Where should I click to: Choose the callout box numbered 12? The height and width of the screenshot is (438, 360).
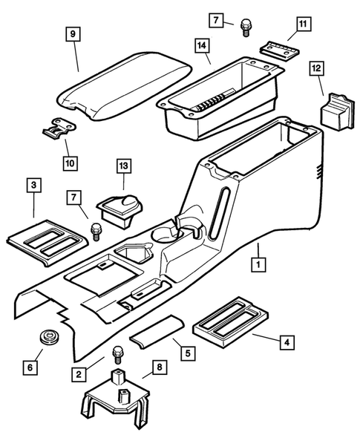pos(315,69)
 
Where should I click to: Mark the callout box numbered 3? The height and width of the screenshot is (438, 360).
pos(33,183)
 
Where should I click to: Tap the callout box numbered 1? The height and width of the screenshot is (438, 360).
pos(257,264)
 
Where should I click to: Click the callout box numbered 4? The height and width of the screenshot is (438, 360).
pos(286,342)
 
